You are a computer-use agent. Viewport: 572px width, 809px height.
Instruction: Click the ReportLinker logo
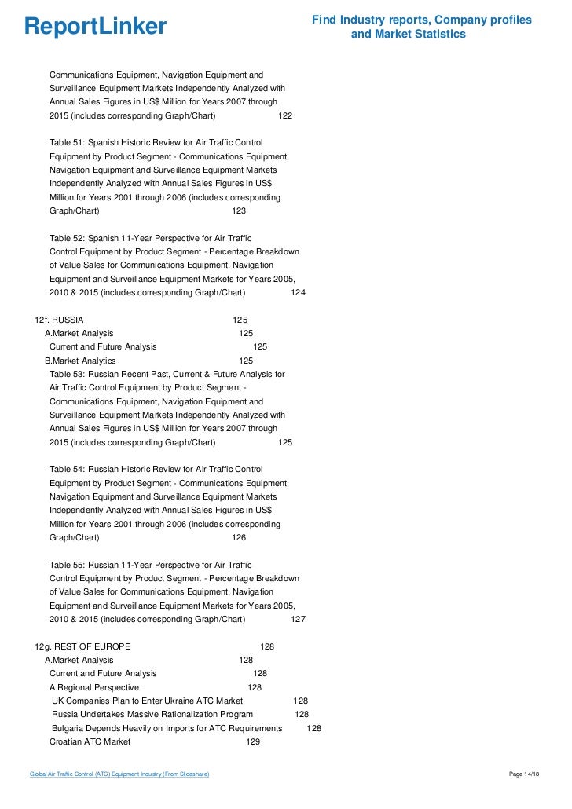coord(96,27)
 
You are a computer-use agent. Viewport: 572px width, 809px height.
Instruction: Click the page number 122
coord(285,115)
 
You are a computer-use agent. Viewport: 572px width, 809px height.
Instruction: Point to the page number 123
coord(239,211)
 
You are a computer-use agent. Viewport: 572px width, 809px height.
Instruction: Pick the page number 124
coord(298,293)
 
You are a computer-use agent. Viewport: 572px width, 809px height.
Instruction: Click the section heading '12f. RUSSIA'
coord(60,320)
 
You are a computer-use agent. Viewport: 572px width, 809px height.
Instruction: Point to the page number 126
coord(239,537)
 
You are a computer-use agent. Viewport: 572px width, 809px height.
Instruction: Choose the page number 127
coord(298,619)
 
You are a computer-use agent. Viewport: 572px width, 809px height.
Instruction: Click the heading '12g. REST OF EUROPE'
coord(82,646)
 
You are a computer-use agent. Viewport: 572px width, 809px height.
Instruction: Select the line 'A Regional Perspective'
coord(93,687)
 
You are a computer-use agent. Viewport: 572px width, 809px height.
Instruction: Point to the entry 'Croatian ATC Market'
coord(90,741)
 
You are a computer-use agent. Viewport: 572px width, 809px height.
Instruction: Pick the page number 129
coord(253,741)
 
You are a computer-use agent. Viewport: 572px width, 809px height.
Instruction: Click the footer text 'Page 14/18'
coord(525,775)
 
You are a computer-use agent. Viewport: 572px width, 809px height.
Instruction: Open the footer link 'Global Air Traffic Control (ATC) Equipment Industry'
coord(119,775)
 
